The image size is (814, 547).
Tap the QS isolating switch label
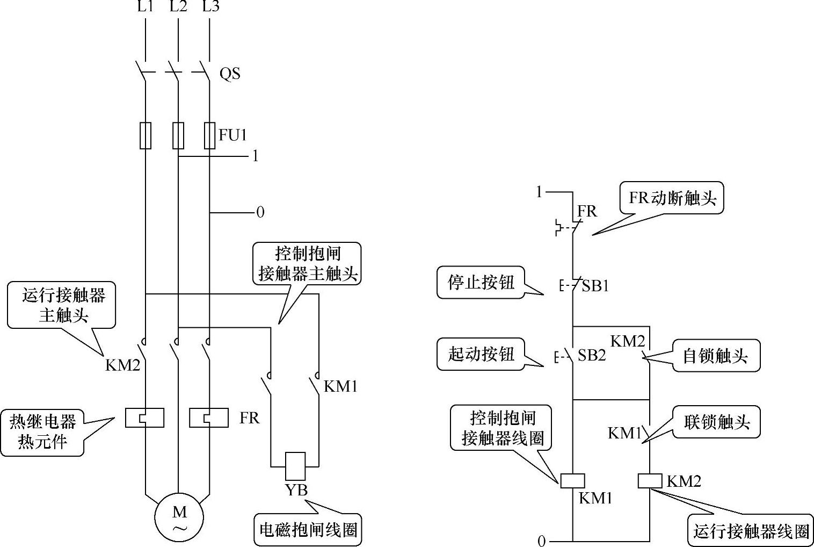tap(230, 74)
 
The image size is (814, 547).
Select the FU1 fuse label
tap(232, 135)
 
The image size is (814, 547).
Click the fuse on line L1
tap(146, 135)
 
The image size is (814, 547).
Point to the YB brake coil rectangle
tap(295, 466)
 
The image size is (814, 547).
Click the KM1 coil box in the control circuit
tap(572, 481)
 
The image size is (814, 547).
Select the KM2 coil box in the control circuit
tap(650, 481)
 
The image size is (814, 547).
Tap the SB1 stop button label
tap(595, 286)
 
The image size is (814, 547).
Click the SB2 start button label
tap(592, 355)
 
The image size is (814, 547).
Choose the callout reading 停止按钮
tap(481, 283)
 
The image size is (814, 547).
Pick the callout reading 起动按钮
tap(481, 354)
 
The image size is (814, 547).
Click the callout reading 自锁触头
tap(716, 356)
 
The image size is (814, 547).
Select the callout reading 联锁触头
tap(716, 422)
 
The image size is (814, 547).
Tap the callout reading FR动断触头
tap(672, 198)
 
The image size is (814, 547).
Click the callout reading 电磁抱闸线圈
tap(308, 530)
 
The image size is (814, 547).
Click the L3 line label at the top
tap(211, 6)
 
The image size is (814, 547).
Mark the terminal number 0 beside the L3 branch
tap(260, 212)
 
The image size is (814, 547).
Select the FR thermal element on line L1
tap(144, 418)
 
